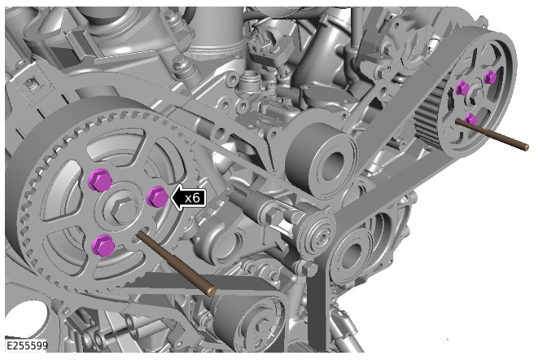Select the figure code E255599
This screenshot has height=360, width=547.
(x=27, y=346)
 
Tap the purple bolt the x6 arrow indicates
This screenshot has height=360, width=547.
(x=156, y=196)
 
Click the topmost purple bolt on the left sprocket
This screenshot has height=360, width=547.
(x=98, y=180)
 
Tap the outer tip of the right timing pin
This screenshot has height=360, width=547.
(x=525, y=146)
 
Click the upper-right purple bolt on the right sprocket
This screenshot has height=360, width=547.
(x=489, y=77)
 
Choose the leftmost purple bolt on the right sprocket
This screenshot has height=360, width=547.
(x=462, y=88)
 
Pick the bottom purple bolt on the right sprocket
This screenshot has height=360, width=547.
(x=470, y=119)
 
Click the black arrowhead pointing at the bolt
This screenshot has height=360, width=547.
(x=173, y=197)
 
